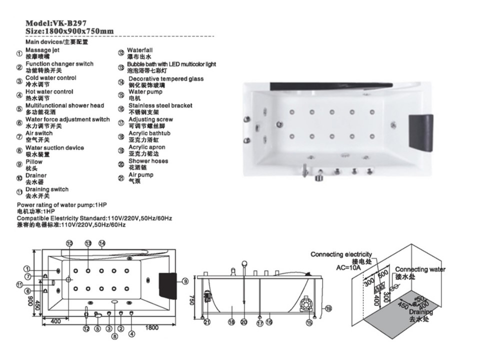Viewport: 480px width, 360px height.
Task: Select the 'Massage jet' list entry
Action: coord(42,50)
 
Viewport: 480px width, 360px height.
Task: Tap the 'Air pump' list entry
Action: coord(141,175)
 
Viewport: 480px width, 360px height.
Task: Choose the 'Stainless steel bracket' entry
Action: coord(160,105)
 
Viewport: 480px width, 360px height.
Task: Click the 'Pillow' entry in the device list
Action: coord(34,162)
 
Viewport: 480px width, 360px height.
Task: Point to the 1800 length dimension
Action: coord(152,328)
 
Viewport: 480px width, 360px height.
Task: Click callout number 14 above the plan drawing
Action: coord(101,243)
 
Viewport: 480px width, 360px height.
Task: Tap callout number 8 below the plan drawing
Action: coord(114,336)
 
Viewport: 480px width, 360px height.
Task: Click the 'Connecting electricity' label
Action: coord(341,254)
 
